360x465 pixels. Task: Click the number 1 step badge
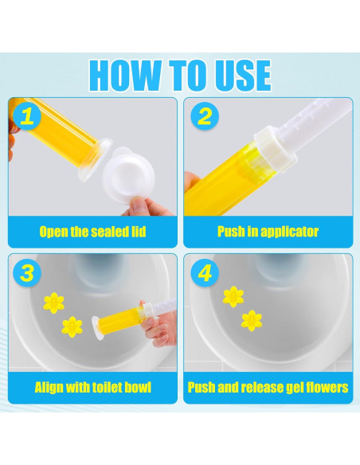pyautogui.click(x=27, y=116)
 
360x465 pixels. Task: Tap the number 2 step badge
pyautogui.click(x=205, y=116)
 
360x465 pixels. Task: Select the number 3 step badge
pyautogui.click(x=27, y=272)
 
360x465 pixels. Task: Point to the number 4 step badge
pyautogui.click(x=205, y=272)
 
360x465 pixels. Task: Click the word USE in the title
pyautogui.click(x=243, y=76)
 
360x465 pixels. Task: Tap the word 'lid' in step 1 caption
pyautogui.click(x=139, y=232)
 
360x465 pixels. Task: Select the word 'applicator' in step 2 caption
pyautogui.click(x=289, y=232)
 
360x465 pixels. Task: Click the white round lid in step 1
pyautogui.click(x=129, y=171)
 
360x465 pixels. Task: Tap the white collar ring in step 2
pyautogui.click(x=276, y=145)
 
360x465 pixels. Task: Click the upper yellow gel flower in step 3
pyautogui.click(x=53, y=303)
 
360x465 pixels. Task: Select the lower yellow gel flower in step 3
pyautogui.click(x=72, y=326)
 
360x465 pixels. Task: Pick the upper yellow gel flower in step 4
pyautogui.click(x=233, y=296)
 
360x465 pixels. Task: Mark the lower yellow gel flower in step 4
pyautogui.click(x=252, y=321)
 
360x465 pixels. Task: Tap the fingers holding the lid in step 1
pyautogui.click(x=145, y=205)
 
